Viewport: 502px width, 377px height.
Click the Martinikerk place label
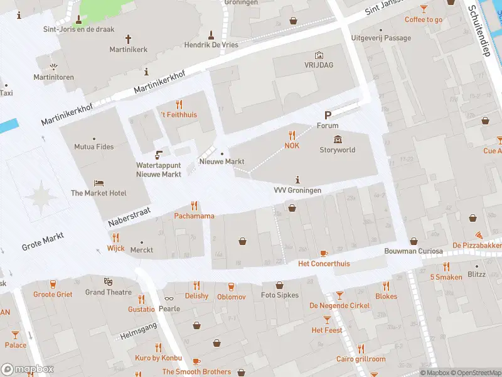(129, 49)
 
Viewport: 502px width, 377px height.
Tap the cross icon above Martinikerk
(129, 38)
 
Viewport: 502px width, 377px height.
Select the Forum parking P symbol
(328, 114)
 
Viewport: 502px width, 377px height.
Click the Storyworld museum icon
(338, 139)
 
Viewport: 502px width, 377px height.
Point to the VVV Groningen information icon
(297, 179)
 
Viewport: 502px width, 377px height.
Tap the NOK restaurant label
(292, 146)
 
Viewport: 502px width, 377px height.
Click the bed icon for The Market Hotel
(99, 183)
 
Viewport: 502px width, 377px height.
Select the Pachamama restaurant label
(194, 216)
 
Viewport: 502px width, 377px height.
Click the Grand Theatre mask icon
(108, 281)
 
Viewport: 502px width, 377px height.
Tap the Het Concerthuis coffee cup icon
(324, 253)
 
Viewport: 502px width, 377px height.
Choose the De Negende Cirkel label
(339, 305)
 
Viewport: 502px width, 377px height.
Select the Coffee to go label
(424, 19)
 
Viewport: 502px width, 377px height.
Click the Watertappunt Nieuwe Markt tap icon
(159, 155)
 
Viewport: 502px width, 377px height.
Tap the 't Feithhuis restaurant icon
(179, 104)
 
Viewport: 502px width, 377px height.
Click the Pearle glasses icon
(169, 298)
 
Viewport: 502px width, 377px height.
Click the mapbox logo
(28, 369)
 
